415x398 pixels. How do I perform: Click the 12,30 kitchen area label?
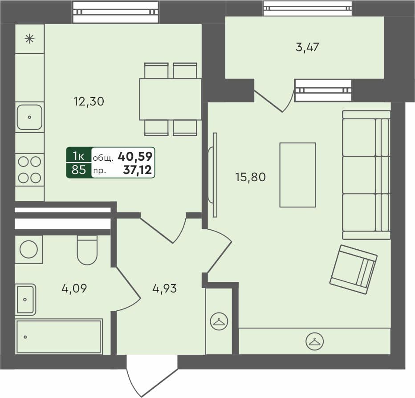[x=89, y=102]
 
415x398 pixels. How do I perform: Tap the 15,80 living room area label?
[x=250, y=177]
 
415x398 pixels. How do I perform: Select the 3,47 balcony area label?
[x=307, y=47]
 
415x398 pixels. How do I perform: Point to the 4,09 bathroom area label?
[x=74, y=288]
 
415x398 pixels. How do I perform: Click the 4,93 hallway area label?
[x=164, y=288]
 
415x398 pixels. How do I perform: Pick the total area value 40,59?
[x=135, y=156]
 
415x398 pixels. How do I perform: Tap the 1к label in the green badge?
[x=79, y=156]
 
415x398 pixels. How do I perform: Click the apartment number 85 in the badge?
[x=79, y=170]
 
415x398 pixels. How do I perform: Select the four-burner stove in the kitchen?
[x=29, y=170]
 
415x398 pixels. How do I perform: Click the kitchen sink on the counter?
[x=29, y=117]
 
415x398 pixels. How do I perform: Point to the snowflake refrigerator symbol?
[x=29, y=39]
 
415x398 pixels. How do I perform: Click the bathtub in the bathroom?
[x=59, y=336]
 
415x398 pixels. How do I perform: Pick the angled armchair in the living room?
[x=354, y=269]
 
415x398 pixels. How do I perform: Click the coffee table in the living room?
[x=297, y=175]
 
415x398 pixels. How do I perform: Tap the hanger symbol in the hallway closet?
[x=219, y=321]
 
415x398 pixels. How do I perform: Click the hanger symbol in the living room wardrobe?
[x=314, y=341]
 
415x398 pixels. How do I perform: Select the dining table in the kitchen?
[x=171, y=99]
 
